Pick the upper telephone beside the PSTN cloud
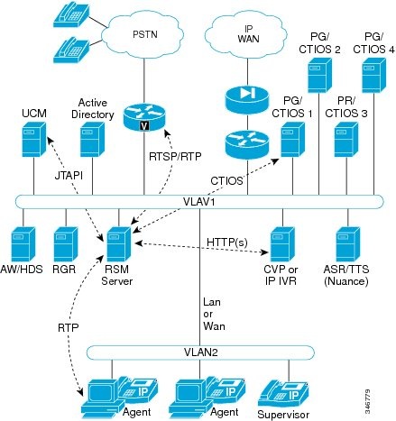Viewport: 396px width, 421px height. (x=69, y=13)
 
